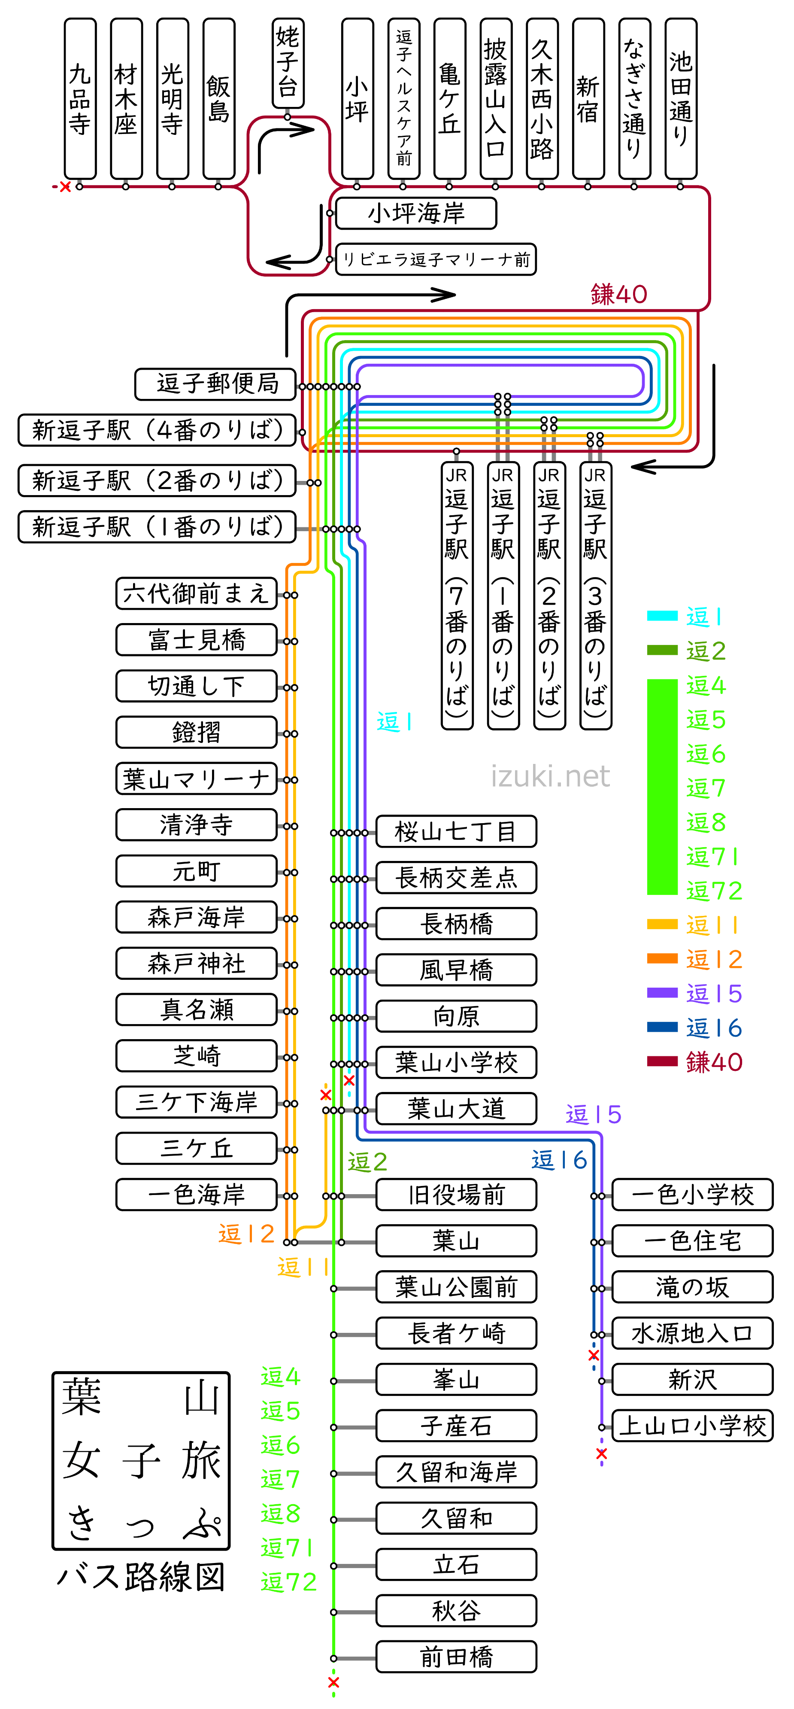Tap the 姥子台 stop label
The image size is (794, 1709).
pos(288,63)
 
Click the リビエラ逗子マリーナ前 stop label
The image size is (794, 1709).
pos(436,259)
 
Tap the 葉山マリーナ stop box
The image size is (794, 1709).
pos(196,779)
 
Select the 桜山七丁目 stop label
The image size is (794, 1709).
pos(456,831)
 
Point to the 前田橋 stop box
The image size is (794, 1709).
pos(456,1657)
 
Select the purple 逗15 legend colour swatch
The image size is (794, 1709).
pos(662,992)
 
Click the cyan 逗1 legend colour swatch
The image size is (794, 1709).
pos(662,616)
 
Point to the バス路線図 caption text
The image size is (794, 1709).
pos(141,1576)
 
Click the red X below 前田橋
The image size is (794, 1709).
pos(333,1682)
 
